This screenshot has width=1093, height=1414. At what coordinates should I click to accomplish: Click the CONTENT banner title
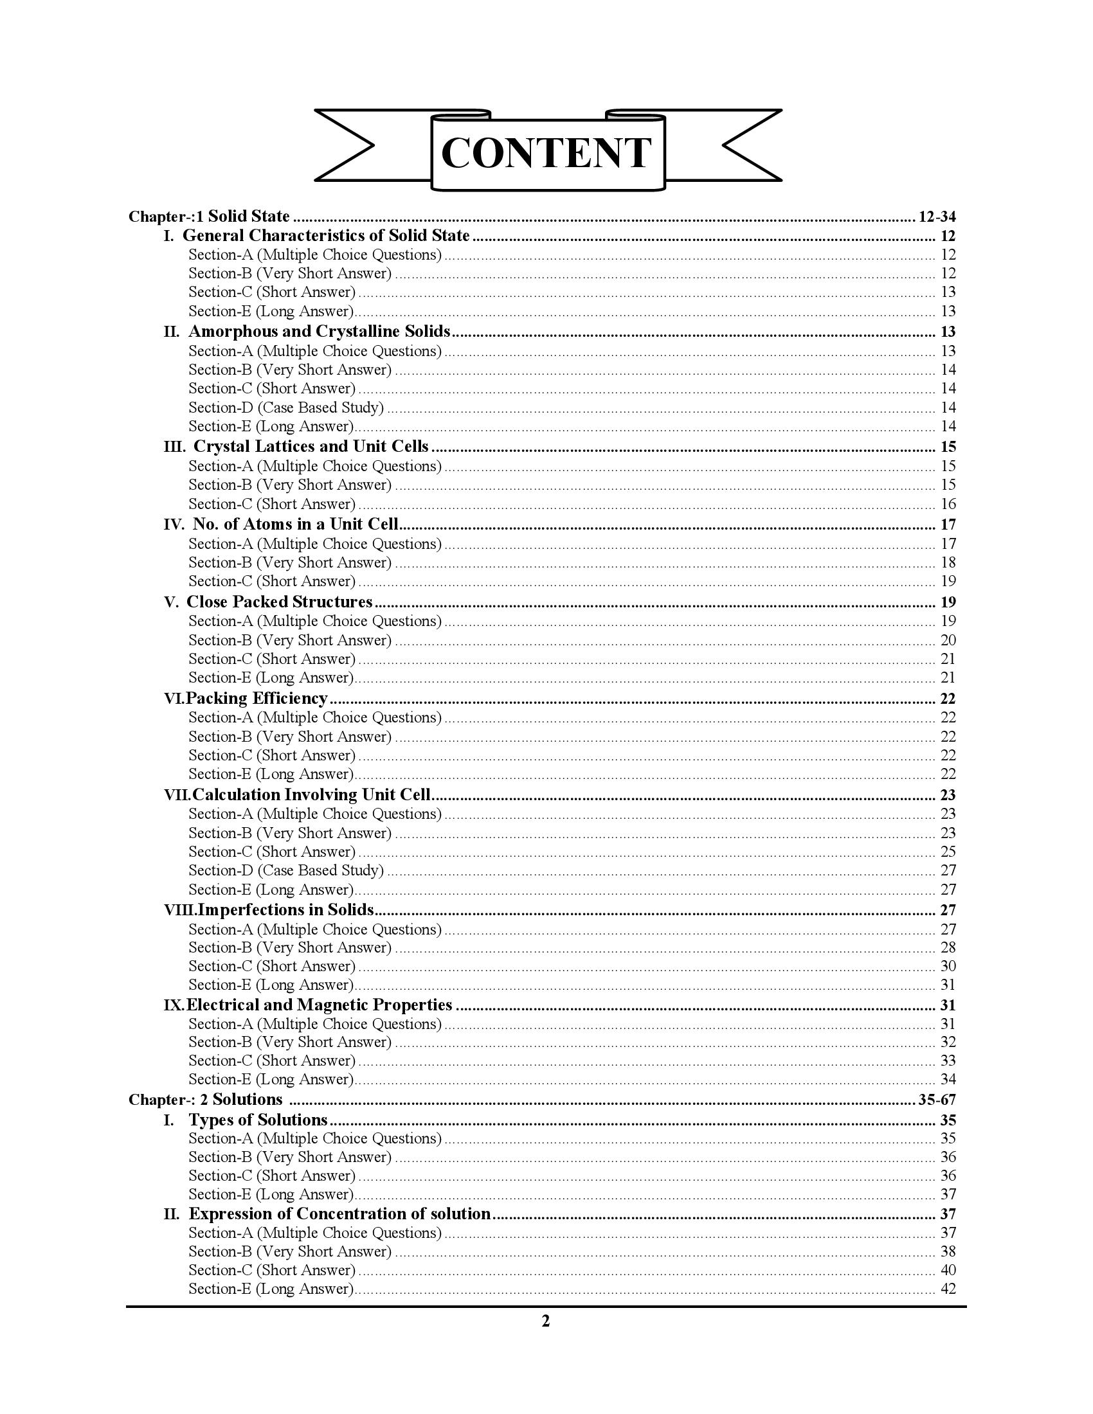point(546,154)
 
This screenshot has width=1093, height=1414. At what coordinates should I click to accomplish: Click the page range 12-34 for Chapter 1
point(937,216)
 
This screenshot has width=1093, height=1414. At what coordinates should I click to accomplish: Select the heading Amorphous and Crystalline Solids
point(320,332)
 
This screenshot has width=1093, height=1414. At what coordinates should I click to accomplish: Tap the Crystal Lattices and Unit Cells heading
point(311,447)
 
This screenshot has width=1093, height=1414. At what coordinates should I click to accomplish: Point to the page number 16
point(948,504)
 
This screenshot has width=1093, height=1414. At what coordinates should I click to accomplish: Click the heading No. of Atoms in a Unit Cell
point(295,524)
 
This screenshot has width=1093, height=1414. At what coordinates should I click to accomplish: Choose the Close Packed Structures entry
point(279,602)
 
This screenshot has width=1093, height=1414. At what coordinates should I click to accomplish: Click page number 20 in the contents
point(948,640)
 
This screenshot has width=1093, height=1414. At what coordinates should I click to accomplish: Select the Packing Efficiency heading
point(257,699)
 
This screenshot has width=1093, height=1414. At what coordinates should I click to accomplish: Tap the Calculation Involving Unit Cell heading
point(311,795)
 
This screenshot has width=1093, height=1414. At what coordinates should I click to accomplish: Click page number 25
point(948,852)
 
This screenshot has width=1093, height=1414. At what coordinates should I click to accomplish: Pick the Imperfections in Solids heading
point(285,910)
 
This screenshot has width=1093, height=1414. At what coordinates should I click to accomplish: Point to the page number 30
point(948,966)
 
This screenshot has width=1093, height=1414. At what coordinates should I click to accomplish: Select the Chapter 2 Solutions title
point(206,1099)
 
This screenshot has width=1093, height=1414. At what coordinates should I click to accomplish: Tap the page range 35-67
point(937,1099)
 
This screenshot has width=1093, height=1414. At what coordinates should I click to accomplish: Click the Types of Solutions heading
point(258,1120)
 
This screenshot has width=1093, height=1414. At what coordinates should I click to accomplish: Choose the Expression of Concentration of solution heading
point(339,1213)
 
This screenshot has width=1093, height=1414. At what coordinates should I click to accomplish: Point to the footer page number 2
point(545,1321)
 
